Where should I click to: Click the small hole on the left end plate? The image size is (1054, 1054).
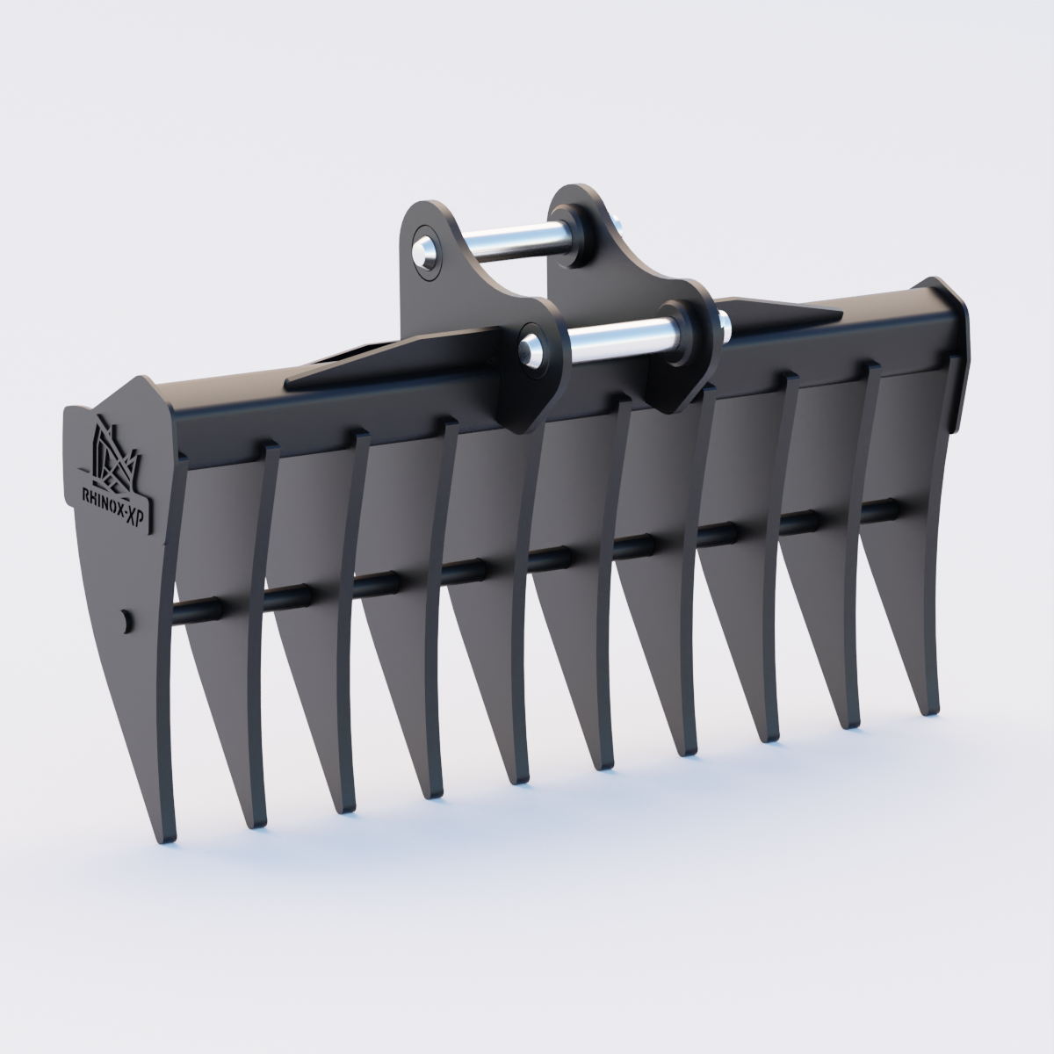click(126, 619)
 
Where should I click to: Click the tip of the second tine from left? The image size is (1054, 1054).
click(256, 824)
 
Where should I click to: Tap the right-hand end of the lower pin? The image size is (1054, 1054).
click(722, 327)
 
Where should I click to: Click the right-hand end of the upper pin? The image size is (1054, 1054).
click(620, 230)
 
